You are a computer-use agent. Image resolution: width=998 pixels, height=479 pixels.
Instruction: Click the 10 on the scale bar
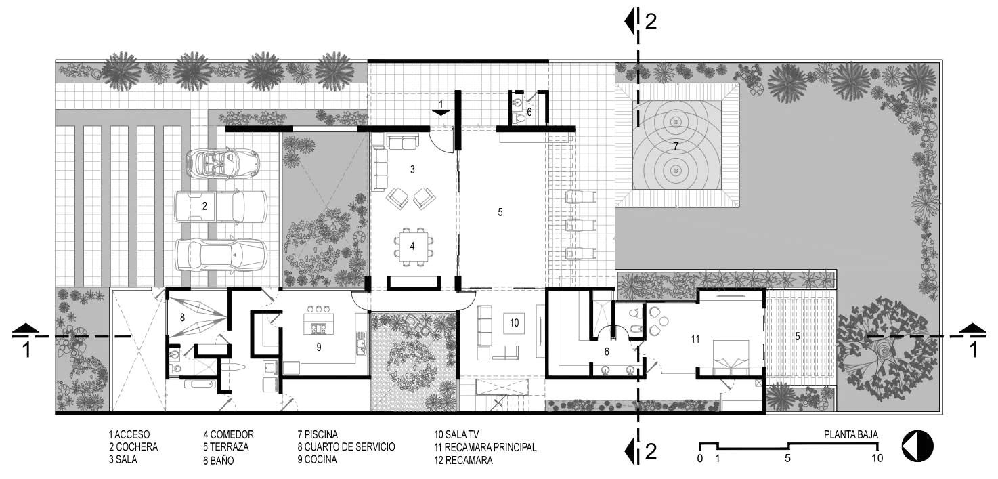(877, 458)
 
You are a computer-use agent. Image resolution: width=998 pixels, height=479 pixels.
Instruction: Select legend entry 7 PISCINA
(317, 434)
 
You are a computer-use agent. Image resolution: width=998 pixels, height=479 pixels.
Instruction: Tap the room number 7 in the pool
(675, 146)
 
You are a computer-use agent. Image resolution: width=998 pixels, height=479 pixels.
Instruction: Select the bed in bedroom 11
(731, 355)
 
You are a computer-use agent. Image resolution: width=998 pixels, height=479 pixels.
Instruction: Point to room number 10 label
(514, 323)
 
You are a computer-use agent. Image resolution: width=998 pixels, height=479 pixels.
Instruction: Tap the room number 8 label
(182, 316)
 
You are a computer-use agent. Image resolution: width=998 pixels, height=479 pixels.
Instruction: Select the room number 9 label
(318, 347)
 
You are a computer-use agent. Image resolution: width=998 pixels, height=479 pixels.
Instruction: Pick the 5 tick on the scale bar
(787, 458)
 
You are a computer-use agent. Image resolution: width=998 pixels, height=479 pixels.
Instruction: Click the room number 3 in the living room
(412, 170)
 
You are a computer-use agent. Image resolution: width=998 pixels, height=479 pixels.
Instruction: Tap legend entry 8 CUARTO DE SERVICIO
(346, 447)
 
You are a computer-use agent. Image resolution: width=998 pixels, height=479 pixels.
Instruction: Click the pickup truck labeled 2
(220, 207)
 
